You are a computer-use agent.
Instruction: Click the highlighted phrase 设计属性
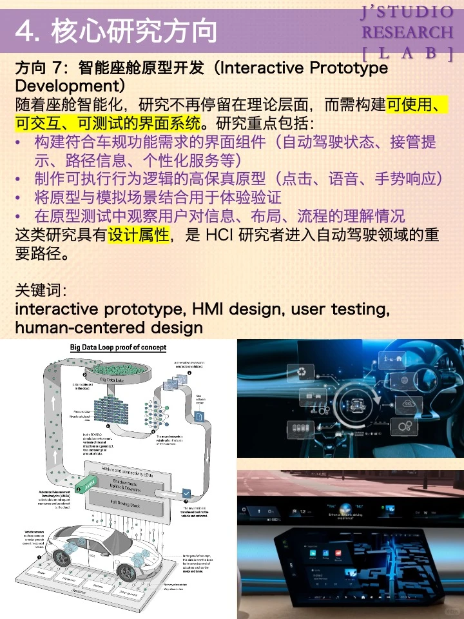point(138,236)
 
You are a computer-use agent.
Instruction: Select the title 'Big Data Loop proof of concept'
point(118,348)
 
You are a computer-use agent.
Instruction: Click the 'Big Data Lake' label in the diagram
point(112,379)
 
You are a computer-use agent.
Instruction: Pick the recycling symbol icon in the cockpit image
point(302,371)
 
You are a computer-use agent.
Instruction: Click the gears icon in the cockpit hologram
point(405,426)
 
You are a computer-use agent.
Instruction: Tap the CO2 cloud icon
point(409,403)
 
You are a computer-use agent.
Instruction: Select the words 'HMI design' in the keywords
point(247,309)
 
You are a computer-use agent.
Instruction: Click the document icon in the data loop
point(199,418)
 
